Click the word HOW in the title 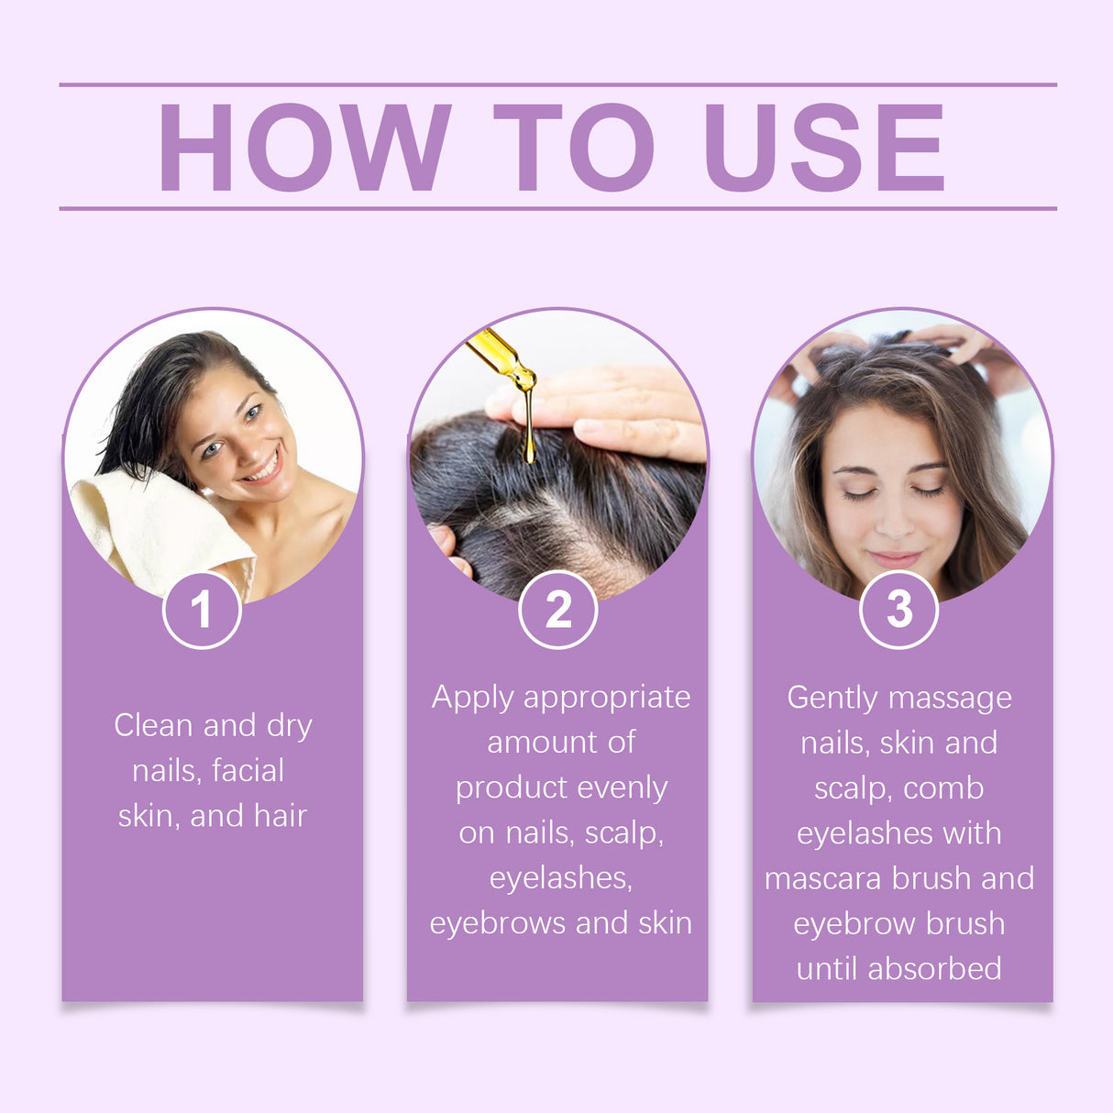pos(305,147)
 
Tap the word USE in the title pos(823,147)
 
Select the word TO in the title pos(573,147)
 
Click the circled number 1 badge pos(202,610)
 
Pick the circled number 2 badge pos(557,610)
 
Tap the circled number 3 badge pos(899,610)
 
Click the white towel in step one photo pos(156,527)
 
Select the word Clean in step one pos(153,725)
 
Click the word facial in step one pos(247,770)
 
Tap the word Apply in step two pos(473,698)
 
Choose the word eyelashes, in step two pos(560,877)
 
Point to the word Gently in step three pos(832,698)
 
